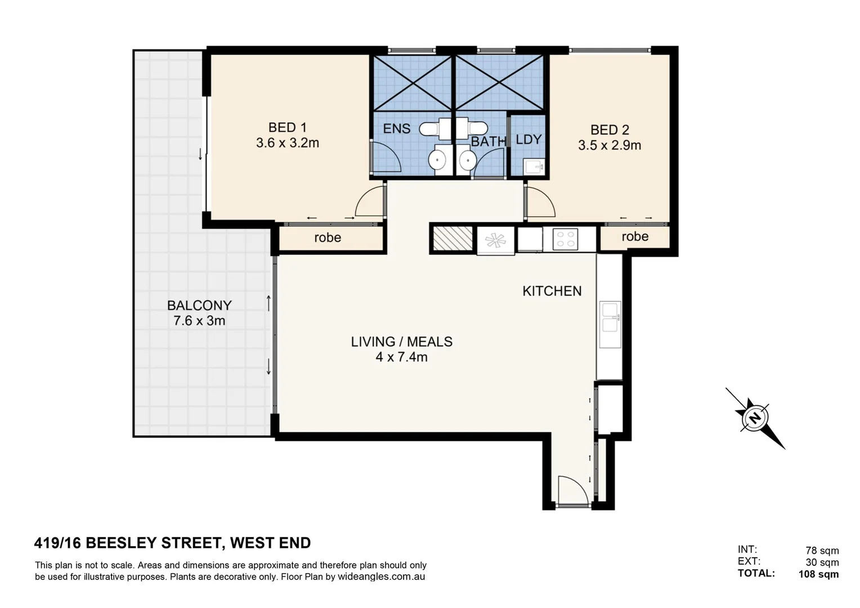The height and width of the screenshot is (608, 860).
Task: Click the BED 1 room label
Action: tap(287, 128)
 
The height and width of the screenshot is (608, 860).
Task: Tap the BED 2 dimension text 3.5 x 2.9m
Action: tap(610, 145)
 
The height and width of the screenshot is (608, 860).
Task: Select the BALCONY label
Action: tap(199, 305)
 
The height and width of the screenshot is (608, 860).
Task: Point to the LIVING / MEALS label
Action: tap(401, 342)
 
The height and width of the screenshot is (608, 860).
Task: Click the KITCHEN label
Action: tap(552, 291)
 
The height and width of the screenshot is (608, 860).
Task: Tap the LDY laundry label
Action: tap(528, 140)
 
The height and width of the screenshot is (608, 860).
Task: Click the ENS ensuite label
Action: tap(396, 129)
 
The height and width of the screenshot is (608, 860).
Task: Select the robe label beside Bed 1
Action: tap(328, 238)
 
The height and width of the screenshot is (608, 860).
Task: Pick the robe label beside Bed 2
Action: tap(635, 236)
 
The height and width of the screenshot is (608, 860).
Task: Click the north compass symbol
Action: tap(754, 418)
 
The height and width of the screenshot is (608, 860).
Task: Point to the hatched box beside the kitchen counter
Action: tap(453, 238)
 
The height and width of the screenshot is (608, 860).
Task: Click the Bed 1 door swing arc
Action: tap(370, 202)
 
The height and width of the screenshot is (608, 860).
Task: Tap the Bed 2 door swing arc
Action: tap(541, 203)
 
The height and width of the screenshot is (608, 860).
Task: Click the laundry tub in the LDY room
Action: tap(533, 167)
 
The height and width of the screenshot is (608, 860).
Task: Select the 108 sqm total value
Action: tap(818, 574)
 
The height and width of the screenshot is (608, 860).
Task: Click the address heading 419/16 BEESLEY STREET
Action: tap(172, 543)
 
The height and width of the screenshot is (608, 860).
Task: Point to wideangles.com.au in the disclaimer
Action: tap(381, 577)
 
